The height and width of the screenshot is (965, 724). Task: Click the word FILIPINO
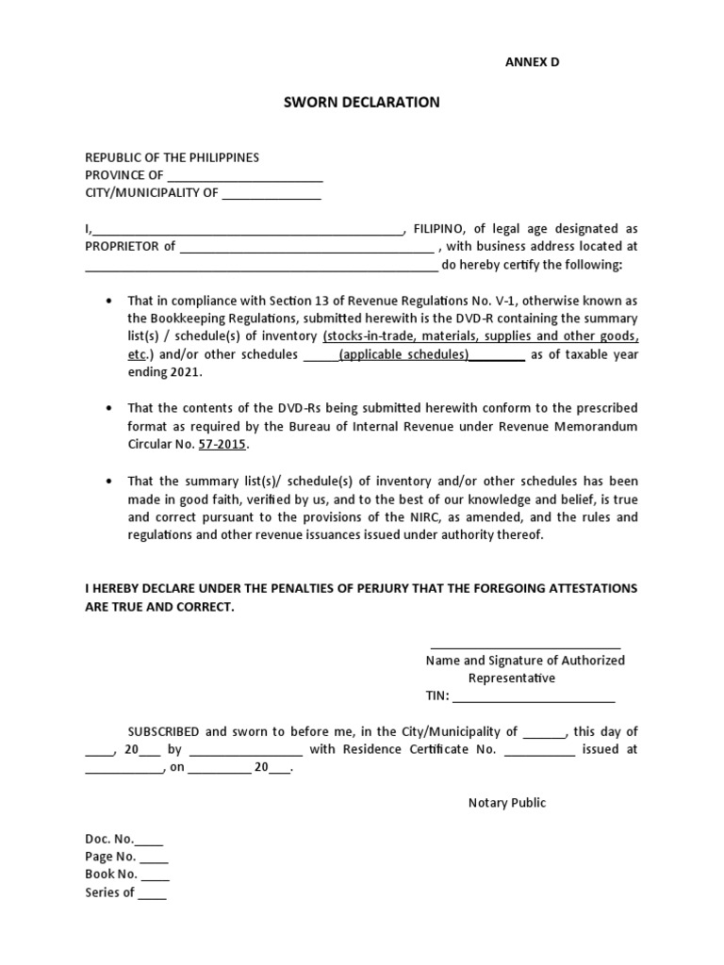438,229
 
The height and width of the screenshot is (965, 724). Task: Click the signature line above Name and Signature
525,647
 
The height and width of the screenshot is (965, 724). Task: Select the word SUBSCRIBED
163,731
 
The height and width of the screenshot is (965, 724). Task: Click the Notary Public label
506,803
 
